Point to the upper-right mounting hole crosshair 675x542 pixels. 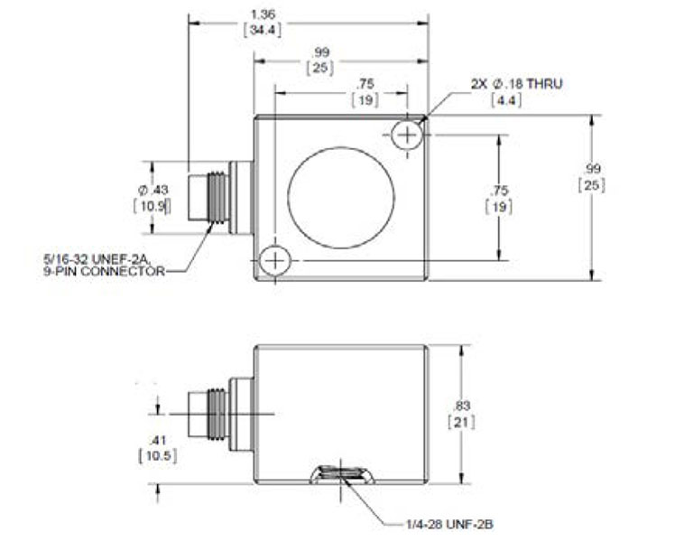(409, 135)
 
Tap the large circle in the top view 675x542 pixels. (341, 196)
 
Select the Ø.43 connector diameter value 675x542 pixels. (153, 190)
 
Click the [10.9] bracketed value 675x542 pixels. (153, 205)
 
